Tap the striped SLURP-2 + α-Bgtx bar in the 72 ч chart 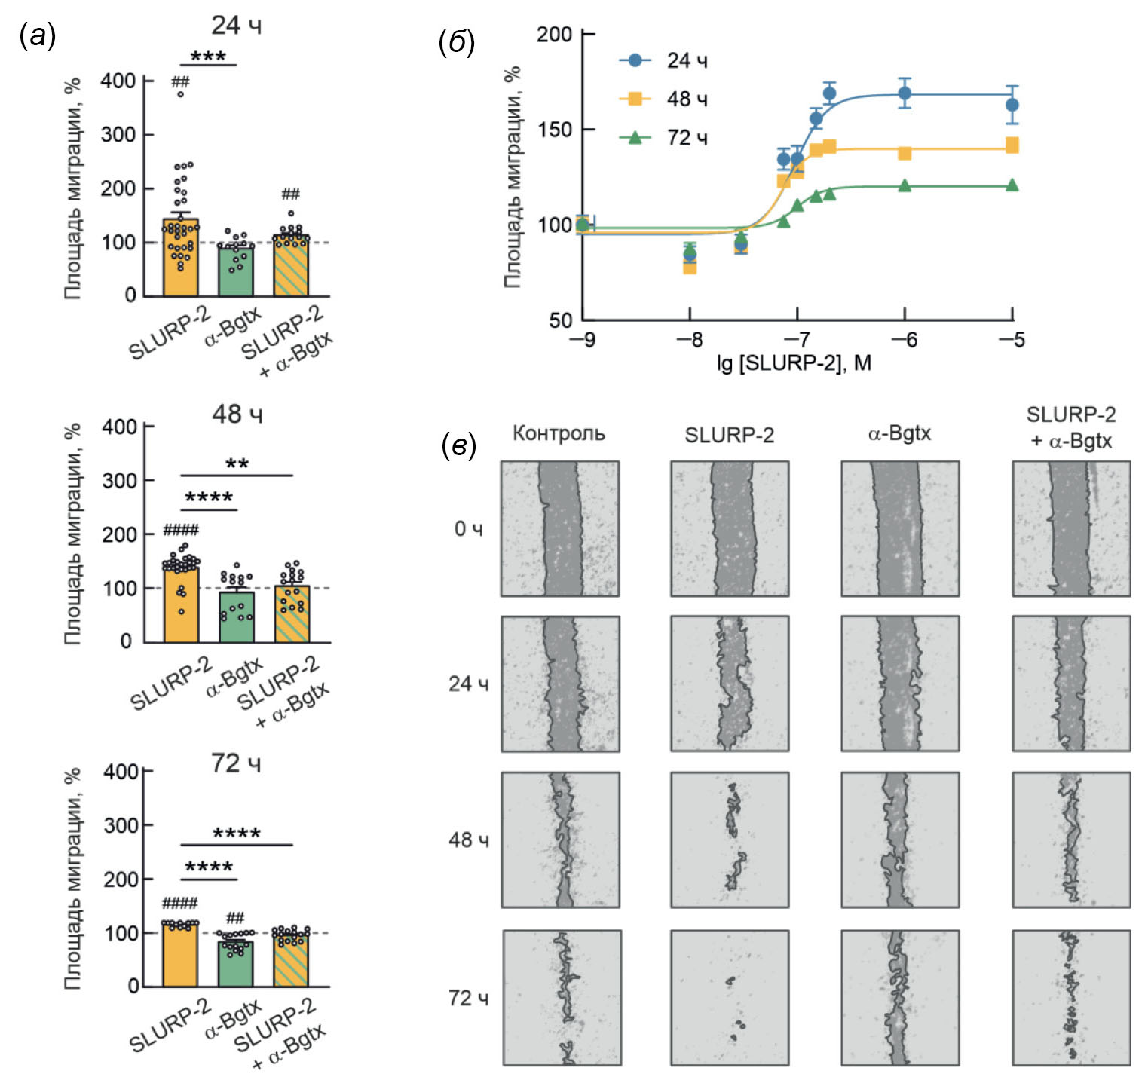[292, 960]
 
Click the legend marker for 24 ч [635, 60]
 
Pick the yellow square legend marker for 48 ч [635, 99]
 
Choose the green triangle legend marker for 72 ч [635, 137]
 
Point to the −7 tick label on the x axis [797, 340]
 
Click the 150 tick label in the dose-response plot [555, 130]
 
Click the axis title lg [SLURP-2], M [794, 363]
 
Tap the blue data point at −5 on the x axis [1012, 105]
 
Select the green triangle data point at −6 [905, 185]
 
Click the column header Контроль [559, 433]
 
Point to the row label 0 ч [468, 529]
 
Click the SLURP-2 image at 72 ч [730, 997]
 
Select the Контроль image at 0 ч [560, 528]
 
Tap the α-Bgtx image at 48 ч [900, 840]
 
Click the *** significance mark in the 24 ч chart [208, 57]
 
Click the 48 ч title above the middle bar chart [237, 414]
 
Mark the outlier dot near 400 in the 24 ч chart [181, 95]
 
